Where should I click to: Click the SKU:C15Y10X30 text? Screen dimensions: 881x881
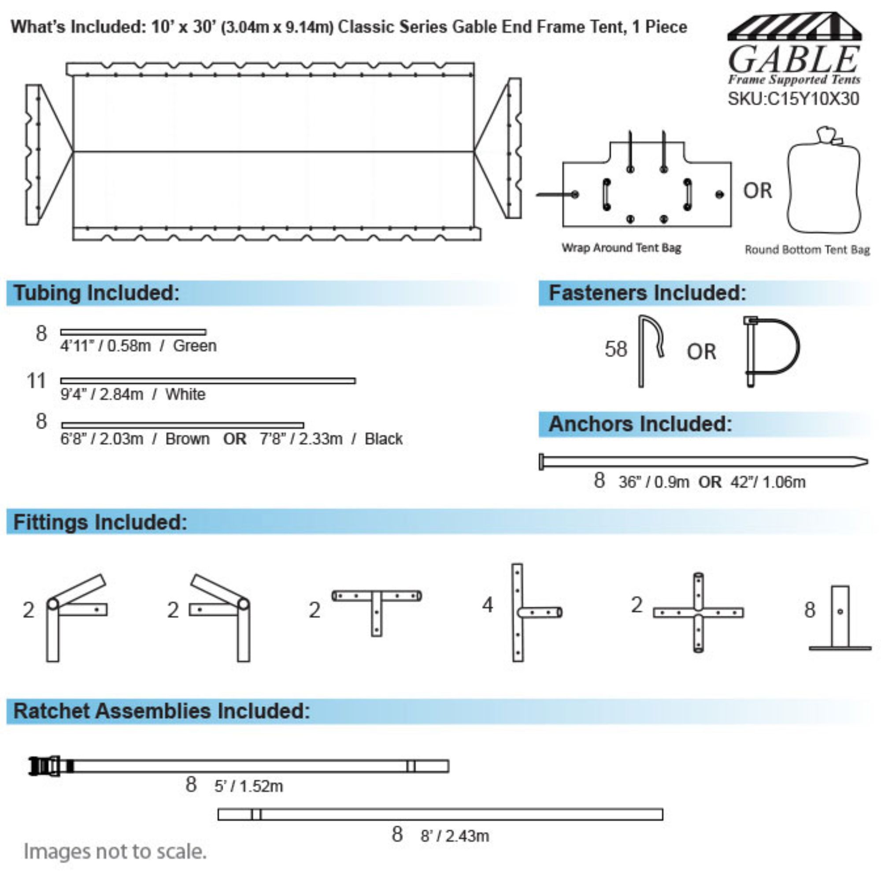click(x=793, y=99)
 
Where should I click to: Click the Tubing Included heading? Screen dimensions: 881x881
click(x=96, y=293)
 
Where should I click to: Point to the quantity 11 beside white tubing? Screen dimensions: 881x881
click(x=37, y=381)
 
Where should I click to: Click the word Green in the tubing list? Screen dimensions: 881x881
click(x=195, y=346)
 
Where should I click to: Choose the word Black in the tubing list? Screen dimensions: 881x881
click(x=384, y=439)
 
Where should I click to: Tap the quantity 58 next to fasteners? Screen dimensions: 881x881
click(x=616, y=349)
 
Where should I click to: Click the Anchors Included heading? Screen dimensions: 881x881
click(x=640, y=424)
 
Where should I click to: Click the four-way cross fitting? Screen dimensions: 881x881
click(x=698, y=612)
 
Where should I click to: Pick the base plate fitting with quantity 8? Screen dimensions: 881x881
click(x=840, y=618)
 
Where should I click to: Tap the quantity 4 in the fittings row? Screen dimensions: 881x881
click(x=488, y=605)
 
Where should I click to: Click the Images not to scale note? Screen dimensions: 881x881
click(x=115, y=851)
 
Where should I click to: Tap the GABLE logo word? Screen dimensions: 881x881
click(x=794, y=60)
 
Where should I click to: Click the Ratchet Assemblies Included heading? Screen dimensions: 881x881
click(x=162, y=711)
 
